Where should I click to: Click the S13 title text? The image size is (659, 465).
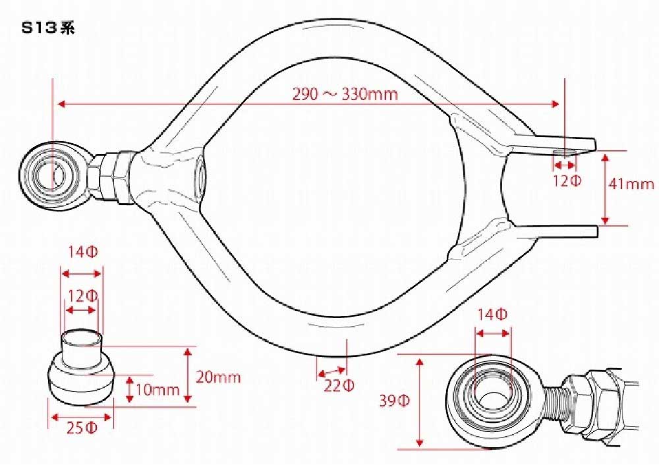(x=48, y=28)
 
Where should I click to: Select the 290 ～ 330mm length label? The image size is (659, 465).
(x=345, y=94)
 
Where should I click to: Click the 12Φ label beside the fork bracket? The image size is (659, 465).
(x=567, y=182)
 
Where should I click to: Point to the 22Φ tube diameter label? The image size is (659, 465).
(x=339, y=385)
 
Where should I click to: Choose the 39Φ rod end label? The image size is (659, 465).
(x=394, y=401)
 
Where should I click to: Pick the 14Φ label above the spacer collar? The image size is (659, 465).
(x=83, y=252)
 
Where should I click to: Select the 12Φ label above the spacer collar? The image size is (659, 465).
(x=82, y=296)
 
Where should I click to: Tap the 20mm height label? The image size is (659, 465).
(x=218, y=377)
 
